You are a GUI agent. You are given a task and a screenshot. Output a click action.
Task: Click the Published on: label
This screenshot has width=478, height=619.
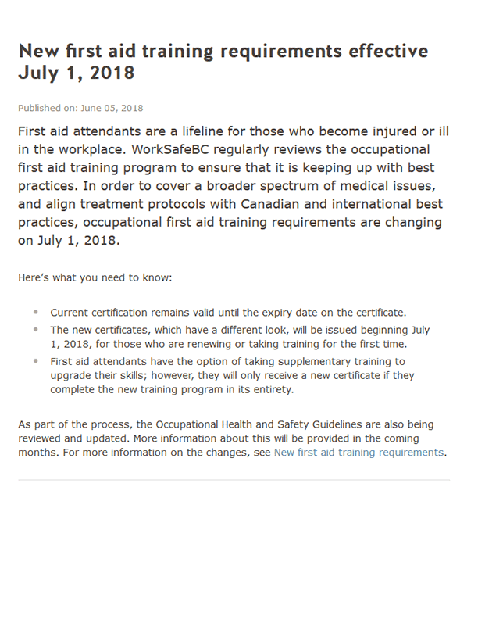point(47,108)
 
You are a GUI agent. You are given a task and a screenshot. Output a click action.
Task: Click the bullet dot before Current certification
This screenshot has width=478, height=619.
point(36,312)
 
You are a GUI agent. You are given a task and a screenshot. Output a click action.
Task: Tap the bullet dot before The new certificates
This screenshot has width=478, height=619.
point(36,330)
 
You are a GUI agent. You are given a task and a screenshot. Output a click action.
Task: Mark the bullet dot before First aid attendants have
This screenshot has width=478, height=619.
point(36,360)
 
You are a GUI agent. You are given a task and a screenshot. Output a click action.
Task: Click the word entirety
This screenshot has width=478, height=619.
point(269,389)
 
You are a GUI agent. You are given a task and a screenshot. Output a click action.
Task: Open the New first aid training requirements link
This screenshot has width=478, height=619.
point(358,452)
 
